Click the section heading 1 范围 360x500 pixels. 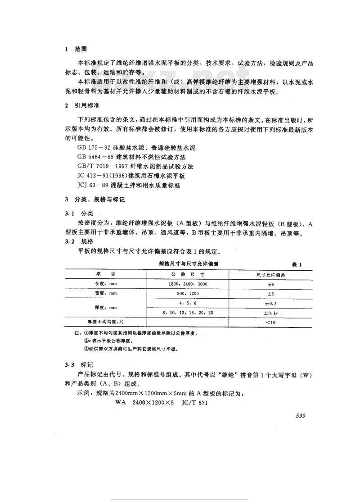[x=73, y=49]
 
